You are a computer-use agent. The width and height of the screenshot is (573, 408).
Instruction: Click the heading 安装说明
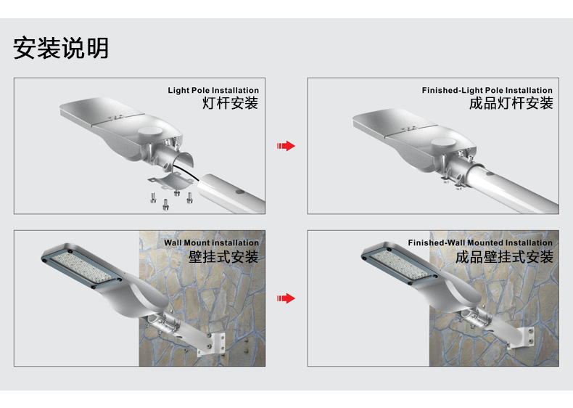[61, 48]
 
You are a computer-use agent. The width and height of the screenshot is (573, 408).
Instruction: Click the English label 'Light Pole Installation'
[213, 91]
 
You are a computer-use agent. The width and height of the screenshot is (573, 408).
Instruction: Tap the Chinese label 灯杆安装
[230, 103]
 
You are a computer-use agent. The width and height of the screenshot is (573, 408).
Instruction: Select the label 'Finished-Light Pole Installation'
[487, 91]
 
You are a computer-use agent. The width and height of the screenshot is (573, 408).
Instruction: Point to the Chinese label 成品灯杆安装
[511, 103]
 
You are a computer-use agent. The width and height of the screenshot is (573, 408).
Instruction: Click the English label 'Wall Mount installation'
[210, 243]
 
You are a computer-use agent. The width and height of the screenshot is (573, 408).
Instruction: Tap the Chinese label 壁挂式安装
[223, 256]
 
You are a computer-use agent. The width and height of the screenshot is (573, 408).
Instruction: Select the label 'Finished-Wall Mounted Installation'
[479, 243]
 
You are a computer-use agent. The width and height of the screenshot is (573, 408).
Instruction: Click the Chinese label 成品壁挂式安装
[503, 256]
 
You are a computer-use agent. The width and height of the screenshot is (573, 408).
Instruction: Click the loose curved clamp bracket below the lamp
[172, 181]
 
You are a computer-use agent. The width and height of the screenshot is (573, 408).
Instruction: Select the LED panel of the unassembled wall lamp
[81, 265]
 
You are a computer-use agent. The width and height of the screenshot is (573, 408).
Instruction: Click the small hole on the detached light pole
[239, 191]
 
